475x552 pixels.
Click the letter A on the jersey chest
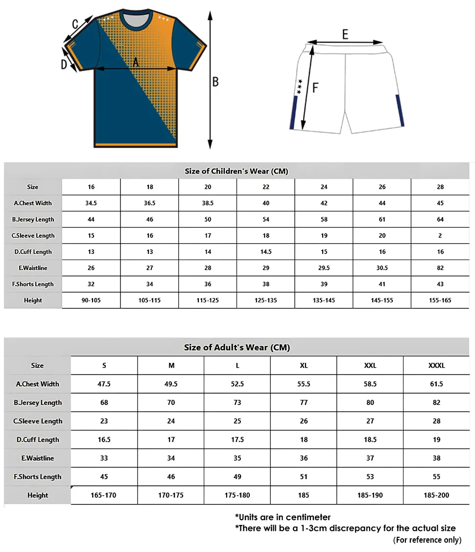pos(136,62)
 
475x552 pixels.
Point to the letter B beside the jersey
pos(215,82)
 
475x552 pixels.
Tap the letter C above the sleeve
pos(75,24)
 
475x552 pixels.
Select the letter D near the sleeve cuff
pos(64,64)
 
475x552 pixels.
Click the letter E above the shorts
pos(345,34)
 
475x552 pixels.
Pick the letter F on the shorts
pos(315,88)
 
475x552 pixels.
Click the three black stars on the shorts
pos(299,86)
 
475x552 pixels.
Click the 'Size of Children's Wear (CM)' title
pos(236,171)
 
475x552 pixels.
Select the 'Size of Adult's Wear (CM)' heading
pos(237,348)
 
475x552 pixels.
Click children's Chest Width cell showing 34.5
pos(91,203)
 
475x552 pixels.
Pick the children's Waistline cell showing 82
pos(440,268)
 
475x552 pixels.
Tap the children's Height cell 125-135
pos(266,300)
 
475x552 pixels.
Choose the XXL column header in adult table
pos(370,366)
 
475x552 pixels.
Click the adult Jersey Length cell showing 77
pos(304,402)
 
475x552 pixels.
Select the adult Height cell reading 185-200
pos(436,495)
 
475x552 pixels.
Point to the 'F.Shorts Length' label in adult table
pos(38,477)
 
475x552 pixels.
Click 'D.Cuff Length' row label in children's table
pos(33,252)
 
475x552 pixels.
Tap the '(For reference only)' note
pos(427,540)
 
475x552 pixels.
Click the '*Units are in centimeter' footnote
pos(283,517)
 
